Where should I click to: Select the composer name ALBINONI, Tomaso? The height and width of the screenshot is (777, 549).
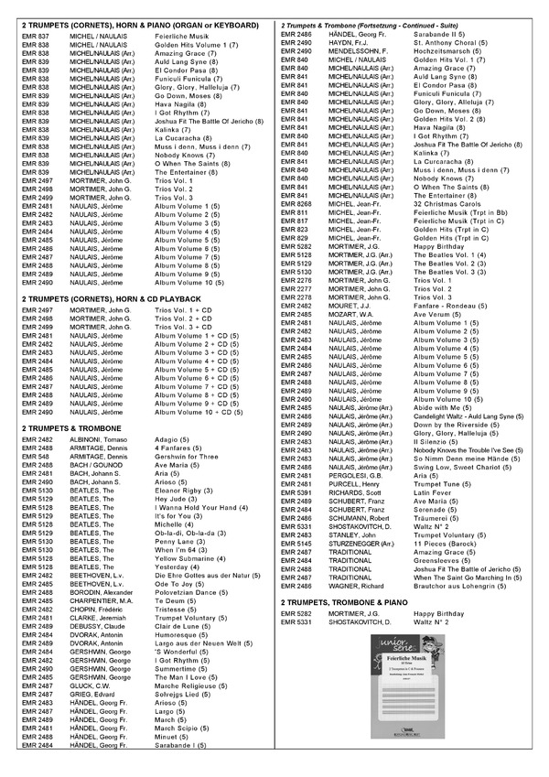point(95,439)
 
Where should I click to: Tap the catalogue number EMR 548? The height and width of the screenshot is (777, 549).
point(36,455)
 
